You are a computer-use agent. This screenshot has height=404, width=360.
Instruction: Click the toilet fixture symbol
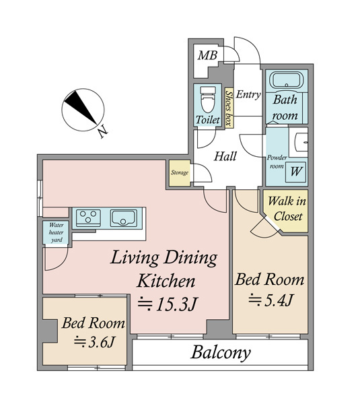point(208,100)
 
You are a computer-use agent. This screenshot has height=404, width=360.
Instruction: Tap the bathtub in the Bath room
point(287,80)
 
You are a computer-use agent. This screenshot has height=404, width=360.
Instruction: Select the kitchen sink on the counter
point(124,218)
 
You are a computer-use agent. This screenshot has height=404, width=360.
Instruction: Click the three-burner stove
point(88,218)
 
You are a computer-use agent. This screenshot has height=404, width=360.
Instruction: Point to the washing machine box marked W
point(296,172)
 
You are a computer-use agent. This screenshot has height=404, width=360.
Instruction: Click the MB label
point(207,55)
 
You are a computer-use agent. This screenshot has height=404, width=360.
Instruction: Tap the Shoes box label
point(228,108)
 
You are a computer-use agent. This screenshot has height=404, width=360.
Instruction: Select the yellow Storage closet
point(180,173)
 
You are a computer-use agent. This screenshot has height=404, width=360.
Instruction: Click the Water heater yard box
point(56,232)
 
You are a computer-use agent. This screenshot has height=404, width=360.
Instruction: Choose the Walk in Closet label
point(287,209)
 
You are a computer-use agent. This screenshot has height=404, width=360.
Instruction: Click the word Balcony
point(221,353)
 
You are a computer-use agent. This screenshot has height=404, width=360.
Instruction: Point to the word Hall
point(225,156)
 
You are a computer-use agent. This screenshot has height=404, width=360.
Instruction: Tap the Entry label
point(248,95)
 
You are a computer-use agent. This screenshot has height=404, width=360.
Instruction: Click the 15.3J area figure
point(168,304)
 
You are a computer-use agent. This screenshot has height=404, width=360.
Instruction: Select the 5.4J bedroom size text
point(271,300)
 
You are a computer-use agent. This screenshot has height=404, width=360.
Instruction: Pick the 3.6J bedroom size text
point(94,343)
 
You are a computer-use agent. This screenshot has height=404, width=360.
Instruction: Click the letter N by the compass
point(103,132)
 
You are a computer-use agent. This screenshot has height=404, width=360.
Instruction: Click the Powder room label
point(277,162)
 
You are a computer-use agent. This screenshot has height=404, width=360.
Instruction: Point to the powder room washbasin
point(299,142)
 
